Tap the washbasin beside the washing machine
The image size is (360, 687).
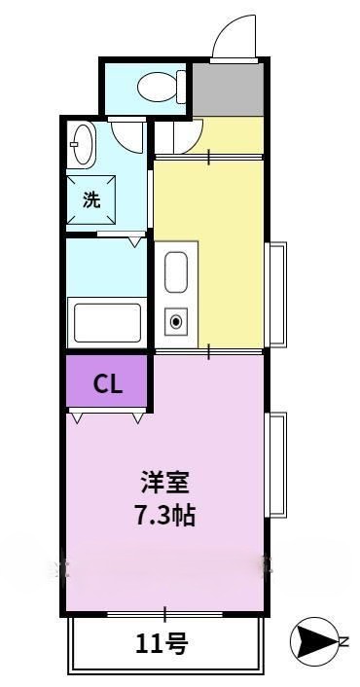(83, 145)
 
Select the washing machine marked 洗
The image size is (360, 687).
(91, 201)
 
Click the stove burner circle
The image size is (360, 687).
(176, 320)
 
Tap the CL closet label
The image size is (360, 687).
(107, 384)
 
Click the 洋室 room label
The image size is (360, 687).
(164, 483)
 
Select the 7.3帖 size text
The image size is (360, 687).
(164, 515)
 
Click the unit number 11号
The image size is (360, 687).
(162, 642)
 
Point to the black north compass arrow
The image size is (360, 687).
(310, 640)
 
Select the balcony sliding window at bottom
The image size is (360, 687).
(164, 614)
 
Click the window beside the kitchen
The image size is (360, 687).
(277, 294)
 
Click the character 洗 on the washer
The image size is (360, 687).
(91, 201)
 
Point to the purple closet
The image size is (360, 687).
(107, 383)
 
